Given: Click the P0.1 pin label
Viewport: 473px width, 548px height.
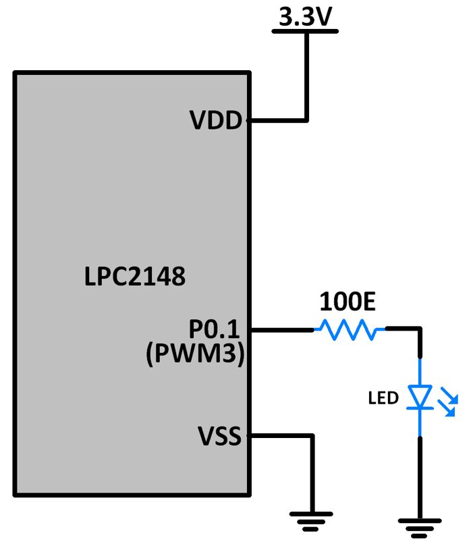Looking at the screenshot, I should (x=215, y=329).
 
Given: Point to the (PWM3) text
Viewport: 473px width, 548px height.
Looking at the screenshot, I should (x=195, y=354).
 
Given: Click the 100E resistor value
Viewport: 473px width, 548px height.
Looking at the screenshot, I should (x=347, y=302).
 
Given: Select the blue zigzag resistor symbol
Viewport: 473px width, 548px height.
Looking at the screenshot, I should (x=349, y=330).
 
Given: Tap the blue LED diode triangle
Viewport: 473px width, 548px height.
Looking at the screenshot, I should (x=420, y=397).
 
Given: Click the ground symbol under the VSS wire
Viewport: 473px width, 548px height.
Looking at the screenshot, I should (x=312, y=518).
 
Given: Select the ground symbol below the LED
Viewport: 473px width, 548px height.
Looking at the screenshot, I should (x=420, y=524).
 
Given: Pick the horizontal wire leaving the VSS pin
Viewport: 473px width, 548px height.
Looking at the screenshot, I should (x=280, y=436).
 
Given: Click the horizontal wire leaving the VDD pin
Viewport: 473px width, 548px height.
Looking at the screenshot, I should (x=278, y=121).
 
